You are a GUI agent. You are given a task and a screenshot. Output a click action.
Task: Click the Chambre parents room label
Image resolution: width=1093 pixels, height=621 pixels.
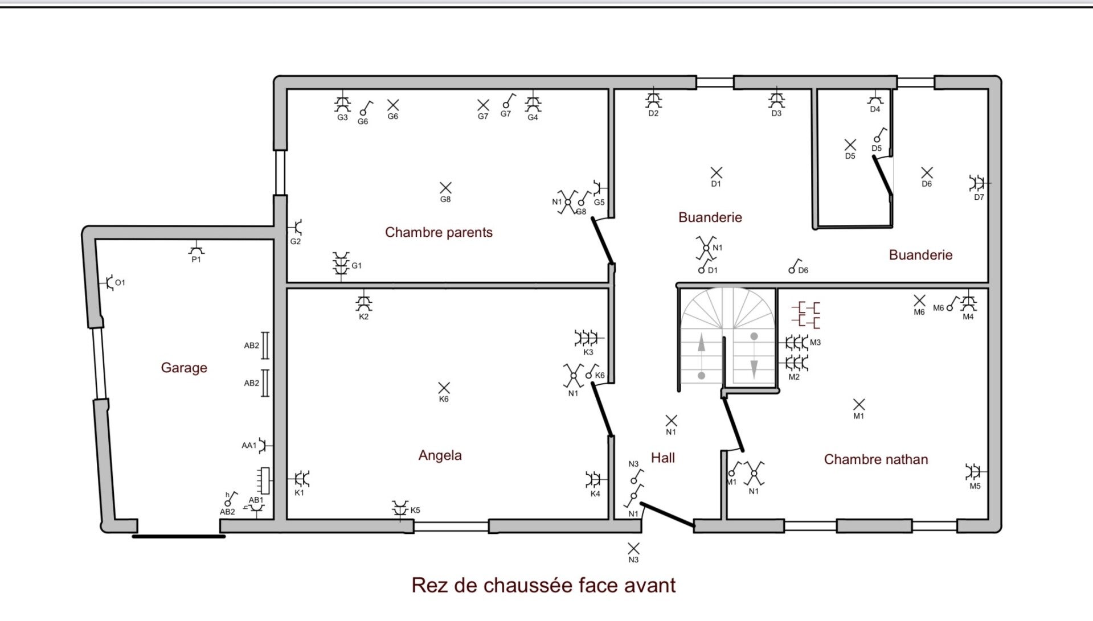pos(439,232)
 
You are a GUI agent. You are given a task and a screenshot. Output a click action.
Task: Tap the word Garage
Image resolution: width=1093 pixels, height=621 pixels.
pos(184,368)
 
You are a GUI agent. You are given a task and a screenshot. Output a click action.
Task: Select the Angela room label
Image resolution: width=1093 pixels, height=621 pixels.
pos(440,455)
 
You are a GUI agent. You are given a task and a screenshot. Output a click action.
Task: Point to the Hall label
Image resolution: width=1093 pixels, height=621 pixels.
pos(663,458)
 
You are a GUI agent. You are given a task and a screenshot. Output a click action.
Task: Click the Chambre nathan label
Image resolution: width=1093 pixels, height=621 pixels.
pos(876,459)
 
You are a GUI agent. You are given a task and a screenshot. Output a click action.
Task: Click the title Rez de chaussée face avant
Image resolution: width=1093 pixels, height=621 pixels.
pos(543,585)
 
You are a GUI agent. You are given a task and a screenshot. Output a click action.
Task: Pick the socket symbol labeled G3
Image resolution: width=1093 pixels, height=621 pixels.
pos(342,102)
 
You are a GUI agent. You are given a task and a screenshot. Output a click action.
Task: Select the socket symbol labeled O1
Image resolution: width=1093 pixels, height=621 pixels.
pos(108,282)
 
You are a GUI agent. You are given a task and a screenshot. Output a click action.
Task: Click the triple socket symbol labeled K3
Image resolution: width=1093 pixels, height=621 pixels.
pos(588,338)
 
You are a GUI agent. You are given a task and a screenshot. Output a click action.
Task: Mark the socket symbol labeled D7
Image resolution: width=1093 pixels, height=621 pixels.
pos(978,183)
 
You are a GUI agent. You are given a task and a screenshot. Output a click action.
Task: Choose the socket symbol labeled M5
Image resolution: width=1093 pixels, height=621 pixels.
pos(975,472)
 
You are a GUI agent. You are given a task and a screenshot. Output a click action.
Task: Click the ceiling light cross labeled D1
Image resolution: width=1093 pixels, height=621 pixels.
pos(717,172)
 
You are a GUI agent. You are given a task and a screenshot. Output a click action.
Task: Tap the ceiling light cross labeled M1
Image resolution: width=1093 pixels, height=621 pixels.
pos(859,404)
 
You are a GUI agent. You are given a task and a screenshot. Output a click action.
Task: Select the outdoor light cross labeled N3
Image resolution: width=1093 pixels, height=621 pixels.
pos(633,548)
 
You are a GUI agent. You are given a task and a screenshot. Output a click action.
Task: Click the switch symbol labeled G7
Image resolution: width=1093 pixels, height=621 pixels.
pos(508,101)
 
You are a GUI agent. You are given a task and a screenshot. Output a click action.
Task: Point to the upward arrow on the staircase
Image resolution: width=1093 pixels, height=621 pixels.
pos(701,344)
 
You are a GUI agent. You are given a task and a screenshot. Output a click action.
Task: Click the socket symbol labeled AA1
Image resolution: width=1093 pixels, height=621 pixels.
pos(264,445)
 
